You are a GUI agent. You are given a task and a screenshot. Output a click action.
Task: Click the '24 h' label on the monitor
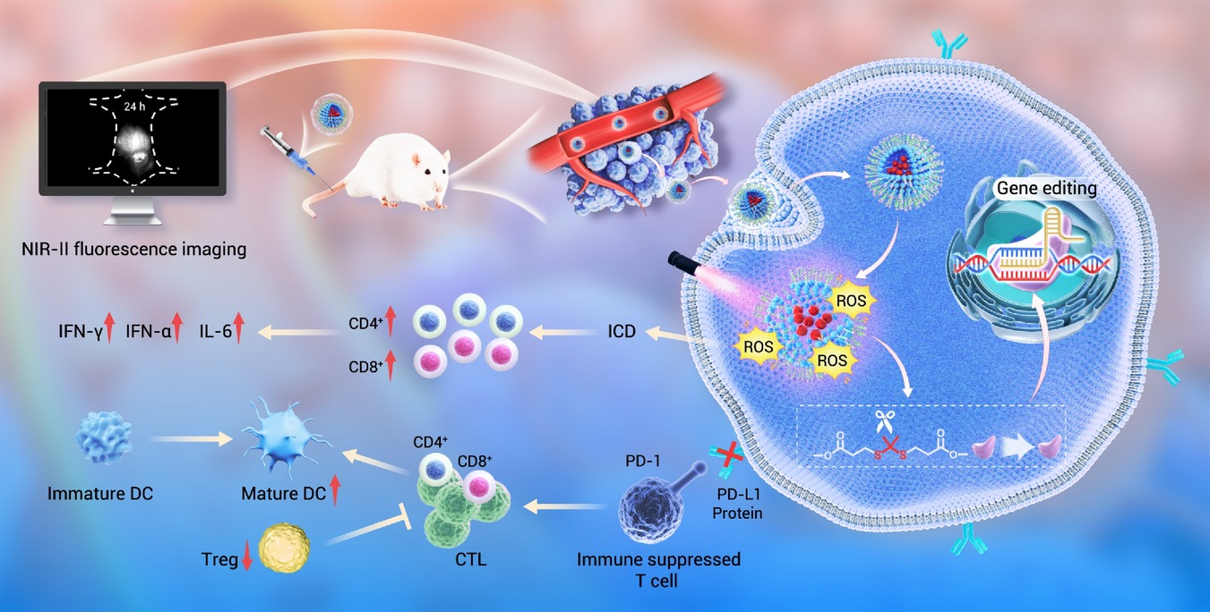(x=134, y=106)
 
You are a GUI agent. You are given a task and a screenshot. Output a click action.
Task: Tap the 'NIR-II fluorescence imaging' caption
(x=134, y=249)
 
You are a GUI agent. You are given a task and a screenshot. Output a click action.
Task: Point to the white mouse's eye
(x=428, y=171)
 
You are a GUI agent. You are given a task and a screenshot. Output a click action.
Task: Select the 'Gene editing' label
(x=1046, y=188)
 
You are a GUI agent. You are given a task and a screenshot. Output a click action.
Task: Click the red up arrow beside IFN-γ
(x=109, y=327)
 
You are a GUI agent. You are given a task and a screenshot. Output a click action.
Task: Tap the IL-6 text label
(x=216, y=331)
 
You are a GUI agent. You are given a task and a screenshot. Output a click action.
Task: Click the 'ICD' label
(x=622, y=331)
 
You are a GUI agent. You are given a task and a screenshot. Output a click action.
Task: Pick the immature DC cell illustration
(x=104, y=438)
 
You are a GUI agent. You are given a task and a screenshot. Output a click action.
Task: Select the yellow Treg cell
(x=284, y=548)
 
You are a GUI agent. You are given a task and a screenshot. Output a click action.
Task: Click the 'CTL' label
(x=470, y=559)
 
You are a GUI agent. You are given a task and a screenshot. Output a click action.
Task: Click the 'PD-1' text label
(x=643, y=461)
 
